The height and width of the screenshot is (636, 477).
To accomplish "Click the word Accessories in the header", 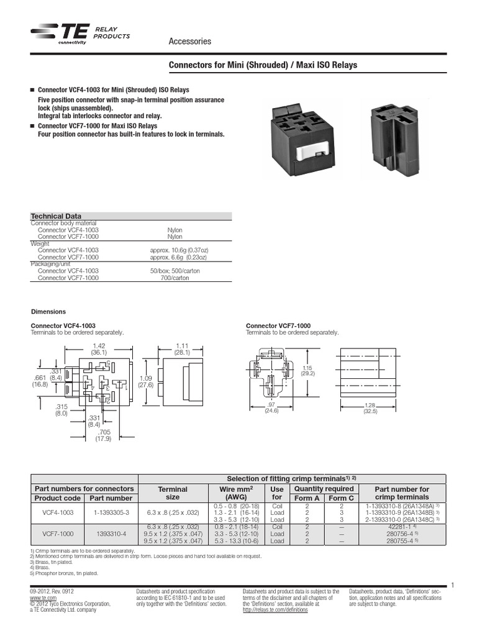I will [190, 42].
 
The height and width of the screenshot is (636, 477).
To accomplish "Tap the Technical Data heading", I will [57, 216].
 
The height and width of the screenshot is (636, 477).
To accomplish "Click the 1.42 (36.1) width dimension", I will [99, 348].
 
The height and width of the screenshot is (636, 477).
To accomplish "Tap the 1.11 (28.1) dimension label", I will [182, 348].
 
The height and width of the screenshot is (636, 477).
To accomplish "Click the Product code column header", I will [58, 497].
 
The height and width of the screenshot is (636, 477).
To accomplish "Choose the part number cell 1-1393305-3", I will [111, 513].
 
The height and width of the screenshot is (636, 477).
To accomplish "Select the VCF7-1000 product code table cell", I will [58, 534].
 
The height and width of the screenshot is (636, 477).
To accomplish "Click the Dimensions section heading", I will [48, 312].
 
